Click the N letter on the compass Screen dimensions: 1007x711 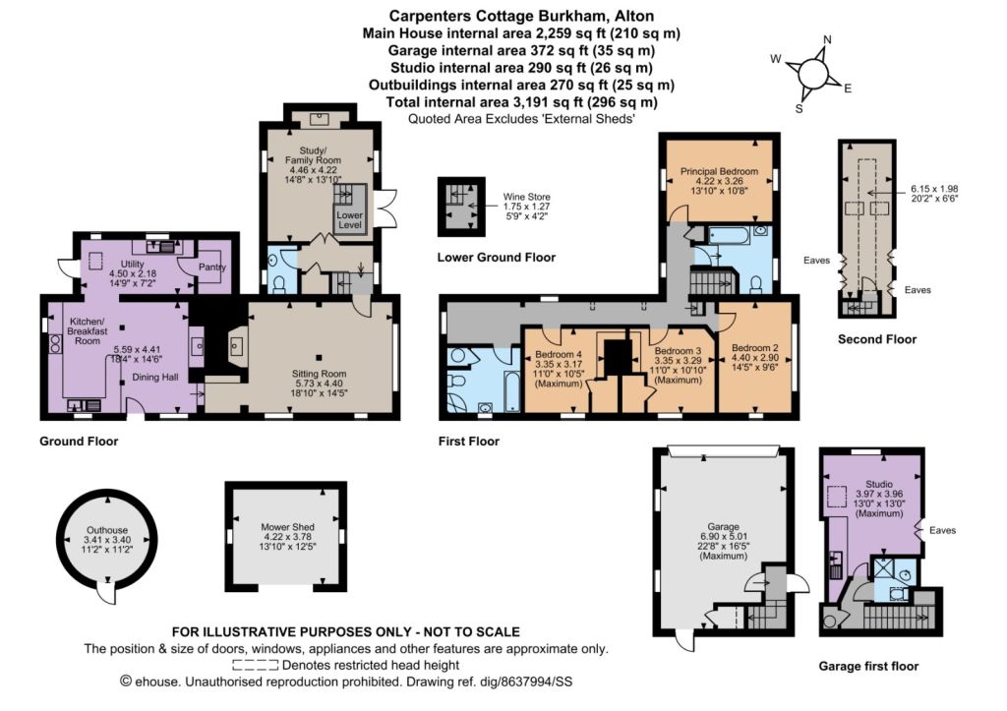827,39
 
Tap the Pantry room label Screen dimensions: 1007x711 212,267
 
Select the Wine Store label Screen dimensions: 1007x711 527,198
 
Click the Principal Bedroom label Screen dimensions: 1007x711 719,171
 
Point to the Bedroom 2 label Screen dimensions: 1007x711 755,348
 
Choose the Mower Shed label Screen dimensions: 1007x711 288,527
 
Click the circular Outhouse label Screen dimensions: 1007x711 107,530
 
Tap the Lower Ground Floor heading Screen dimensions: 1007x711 497,258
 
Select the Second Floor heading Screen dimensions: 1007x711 877,339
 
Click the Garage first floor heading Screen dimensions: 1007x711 868,666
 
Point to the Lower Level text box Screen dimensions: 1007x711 350,219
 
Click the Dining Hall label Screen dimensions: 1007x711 155,377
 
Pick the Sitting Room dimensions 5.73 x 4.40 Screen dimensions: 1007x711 320,383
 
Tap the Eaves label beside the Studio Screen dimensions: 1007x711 943,530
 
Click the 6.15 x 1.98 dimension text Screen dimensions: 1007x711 934,189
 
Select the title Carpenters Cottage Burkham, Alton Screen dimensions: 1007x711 521,16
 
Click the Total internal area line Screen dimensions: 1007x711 521,102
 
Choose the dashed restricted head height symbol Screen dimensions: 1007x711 256,666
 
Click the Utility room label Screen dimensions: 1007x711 133,264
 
